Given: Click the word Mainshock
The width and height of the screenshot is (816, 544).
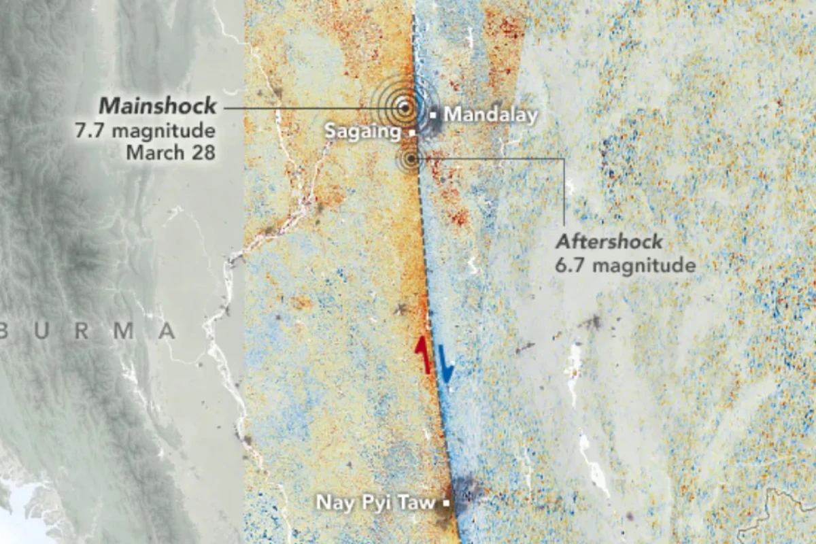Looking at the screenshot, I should [x=158, y=106].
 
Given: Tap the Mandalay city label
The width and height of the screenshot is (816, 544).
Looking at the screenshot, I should [x=490, y=114].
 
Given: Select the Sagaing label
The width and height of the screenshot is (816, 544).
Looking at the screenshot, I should [x=362, y=131].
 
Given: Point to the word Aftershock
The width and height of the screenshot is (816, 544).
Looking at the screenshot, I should [x=609, y=242].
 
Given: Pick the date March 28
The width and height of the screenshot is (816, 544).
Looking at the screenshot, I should [x=171, y=152].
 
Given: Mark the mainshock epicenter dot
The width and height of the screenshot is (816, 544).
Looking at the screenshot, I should [x=404, y=107].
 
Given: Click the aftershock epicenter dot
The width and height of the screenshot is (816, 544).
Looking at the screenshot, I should [x=410, y=160].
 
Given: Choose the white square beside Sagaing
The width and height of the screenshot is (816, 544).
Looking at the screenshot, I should [x=411, y=133].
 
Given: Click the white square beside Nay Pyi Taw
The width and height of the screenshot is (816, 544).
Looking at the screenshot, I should [x=446, y=504].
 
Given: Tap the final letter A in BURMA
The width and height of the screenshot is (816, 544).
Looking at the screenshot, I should [x=167, y=332].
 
